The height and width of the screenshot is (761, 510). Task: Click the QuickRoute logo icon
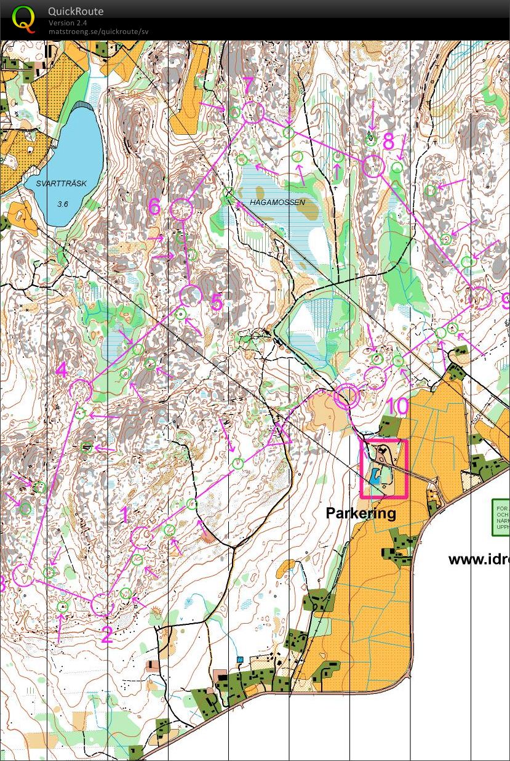click(x=23, y=19)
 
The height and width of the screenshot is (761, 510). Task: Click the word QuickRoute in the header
click(x=76, y=11)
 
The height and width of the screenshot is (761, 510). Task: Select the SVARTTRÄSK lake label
click(x=61, y=183)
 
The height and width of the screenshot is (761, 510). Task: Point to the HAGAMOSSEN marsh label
click(x=277, y=202)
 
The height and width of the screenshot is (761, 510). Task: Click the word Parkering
click(x=361, y=513)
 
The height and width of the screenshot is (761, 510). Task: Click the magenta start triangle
click(x=280, y=433)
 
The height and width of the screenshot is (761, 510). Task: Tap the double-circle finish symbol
click(x=346, y=397)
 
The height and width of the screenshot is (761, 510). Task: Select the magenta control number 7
click(x=248, y=87)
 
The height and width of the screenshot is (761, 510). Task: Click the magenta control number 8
click(x=388, y=142)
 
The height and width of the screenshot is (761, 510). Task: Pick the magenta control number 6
click(x=155, y=207)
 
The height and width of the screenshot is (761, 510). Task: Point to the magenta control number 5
click(x=216, y=302)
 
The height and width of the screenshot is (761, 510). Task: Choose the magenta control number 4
click(x=62, y=371)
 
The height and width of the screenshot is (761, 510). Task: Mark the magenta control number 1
click(x=125, y=514)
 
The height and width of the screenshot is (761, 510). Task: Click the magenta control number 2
click(x=106, y=635)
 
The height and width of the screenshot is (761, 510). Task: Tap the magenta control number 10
click(x=398, y=406)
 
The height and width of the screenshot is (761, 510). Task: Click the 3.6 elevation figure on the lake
click(x=63, y=204)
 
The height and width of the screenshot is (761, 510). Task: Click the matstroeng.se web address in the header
click(x=98, y=31)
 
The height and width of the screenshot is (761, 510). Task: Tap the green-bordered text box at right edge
click(x=501, y=517)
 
